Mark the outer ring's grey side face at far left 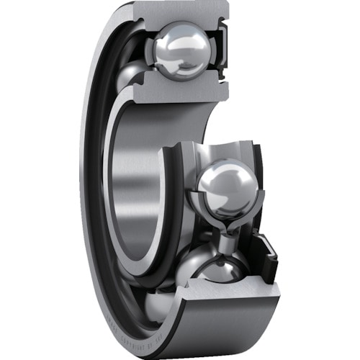coord(86,180)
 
